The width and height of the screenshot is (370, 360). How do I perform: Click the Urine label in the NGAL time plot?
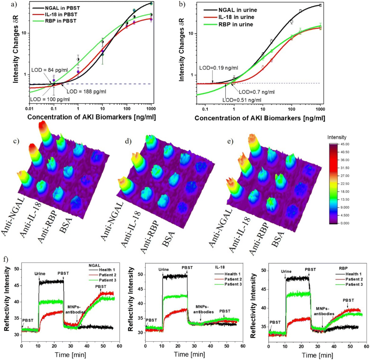point(40,274)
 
